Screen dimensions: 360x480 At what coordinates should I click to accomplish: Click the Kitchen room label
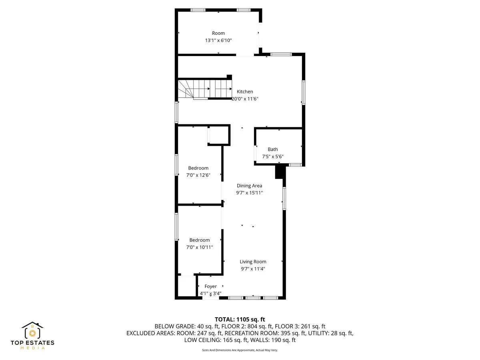245,92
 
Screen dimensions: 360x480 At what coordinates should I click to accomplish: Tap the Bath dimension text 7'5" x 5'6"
273,156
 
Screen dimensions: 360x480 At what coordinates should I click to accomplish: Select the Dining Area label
249,186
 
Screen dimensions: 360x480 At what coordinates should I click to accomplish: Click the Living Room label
253,262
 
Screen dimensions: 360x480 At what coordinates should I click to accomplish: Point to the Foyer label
210,286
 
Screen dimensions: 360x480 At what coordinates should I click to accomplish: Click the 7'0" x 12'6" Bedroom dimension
198,175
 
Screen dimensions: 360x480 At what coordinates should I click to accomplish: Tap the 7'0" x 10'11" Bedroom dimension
199,247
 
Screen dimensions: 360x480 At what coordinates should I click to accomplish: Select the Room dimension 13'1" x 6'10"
218,40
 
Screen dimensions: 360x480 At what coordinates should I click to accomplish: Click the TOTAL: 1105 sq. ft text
240,319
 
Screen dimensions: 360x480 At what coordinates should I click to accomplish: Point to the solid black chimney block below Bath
280,172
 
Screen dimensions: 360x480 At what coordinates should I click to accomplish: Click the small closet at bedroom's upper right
219,136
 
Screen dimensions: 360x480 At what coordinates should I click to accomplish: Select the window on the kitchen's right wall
304,92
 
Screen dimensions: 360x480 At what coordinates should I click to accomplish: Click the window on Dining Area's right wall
284,198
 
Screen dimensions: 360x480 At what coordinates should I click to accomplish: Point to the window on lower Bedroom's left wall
176,226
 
